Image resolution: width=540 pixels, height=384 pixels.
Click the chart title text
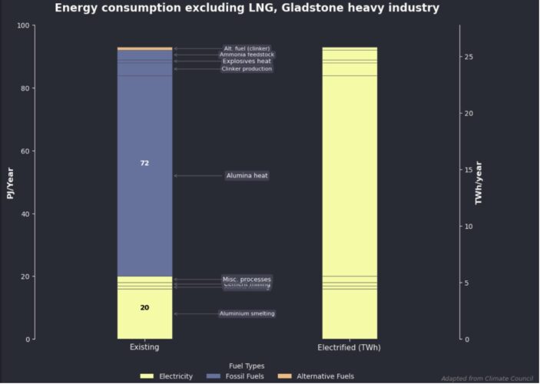pos(247,8)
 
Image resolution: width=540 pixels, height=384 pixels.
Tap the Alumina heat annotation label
pos(247,176)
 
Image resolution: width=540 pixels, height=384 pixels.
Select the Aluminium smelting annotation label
pos(247,313)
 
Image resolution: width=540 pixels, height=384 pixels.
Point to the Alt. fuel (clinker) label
pos(247,48)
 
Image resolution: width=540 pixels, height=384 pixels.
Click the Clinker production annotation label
pos(247,69)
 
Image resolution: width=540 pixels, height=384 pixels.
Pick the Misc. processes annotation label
pos(247,279)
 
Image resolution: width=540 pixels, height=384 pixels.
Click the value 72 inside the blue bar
pos(144,164)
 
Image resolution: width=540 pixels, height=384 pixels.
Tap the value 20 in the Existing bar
pos(144,308)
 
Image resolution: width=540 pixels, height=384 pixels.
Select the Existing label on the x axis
pos(144,348)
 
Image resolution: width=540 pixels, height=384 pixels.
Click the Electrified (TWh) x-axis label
pos(349,348)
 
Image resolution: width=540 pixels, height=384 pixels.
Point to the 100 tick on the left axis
pos(22,26)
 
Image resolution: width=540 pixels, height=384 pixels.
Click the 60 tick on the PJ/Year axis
pos(25,151)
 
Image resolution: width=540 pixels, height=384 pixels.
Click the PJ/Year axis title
pos(11,183)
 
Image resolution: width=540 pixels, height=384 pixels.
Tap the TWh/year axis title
pos(479,183)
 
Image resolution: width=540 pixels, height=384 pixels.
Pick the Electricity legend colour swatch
pos(147,376)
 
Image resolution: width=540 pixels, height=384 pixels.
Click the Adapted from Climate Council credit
pos(487,379)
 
